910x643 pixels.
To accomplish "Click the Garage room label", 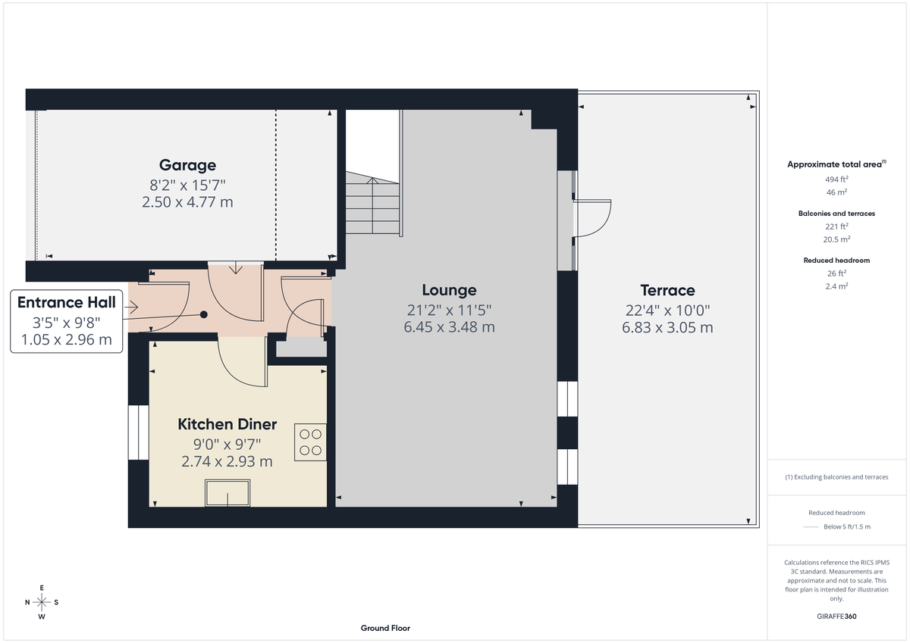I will click(x=187, y=165).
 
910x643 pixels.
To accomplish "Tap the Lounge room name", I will click(x=449, y=290).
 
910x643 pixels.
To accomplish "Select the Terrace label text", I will click(x=667, y=290).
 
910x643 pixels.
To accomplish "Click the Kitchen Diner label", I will click(x=227, y=424).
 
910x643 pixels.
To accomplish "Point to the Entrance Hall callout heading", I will click(x=67, y=303).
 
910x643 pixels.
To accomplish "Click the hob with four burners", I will click(x=310, y=442).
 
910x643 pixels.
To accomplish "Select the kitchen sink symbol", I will click(x=227, y=494).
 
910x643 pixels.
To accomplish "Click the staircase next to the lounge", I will click(x=373, y=204).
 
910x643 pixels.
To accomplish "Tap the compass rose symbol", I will click(x=42, y=602).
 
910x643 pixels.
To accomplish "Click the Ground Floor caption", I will click(x=385, y=628).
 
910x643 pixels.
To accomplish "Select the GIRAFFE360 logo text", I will click(x=836, y=616).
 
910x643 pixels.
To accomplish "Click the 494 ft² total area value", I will click(x=836, y=179).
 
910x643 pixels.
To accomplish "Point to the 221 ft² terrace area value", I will click(x=836, y=226).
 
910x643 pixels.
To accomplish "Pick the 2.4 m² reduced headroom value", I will click(x=836, y=286).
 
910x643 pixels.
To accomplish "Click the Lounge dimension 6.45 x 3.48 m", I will click(x=449, y=327).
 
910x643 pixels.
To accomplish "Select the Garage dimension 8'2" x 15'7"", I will click(x=187, y=184).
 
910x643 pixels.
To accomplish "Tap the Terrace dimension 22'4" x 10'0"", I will click(x=667, y=310).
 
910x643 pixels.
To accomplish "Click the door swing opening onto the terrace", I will click(x=594, y=218).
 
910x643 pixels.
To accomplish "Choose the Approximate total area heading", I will click(x=836, y=164).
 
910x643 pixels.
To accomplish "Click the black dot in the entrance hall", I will click(x=203, y=314).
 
